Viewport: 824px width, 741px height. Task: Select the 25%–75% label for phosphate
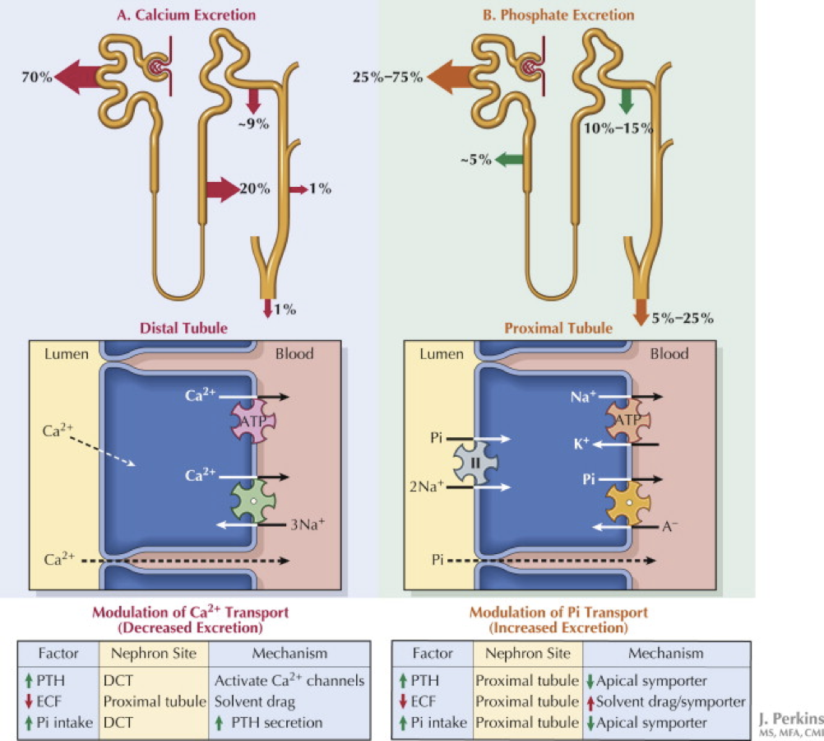click(x=387, y=77)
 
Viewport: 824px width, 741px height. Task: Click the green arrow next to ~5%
click(x=511, y=160)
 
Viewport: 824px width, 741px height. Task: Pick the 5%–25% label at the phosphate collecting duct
click(x=682, y=317)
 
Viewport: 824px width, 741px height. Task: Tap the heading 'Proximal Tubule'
click(x=559, y=328)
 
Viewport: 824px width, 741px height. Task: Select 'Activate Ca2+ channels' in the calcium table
click(x=289, y=682)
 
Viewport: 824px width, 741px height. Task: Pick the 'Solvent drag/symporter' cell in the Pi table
click(x=669, y=702)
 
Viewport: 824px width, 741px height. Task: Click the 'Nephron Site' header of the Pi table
click(x=527, y=654)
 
